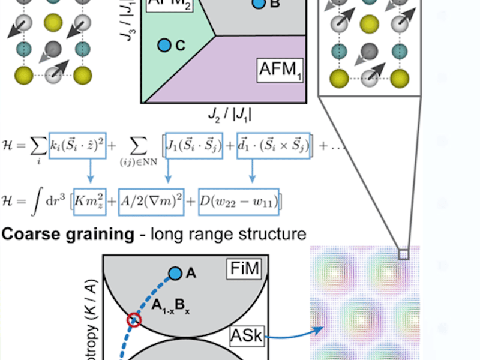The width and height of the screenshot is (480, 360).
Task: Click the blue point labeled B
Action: (x=258, y=4)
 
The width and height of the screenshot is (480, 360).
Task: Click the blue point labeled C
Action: (x=164, y=45)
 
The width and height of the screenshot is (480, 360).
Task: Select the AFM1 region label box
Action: (x=280, y=70)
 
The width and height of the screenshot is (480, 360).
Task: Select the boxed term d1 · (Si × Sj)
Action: (x=274, y=145)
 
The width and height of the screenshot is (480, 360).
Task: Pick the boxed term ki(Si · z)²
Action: (x=78, y=145)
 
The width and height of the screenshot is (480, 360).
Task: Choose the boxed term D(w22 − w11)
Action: (x=239, y=200)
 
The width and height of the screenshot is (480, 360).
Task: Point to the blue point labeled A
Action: (x=175, y=274)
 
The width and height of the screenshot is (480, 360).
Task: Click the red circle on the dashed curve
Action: (x=133, y=320)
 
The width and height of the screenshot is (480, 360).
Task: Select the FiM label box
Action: (x=245, y=269)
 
